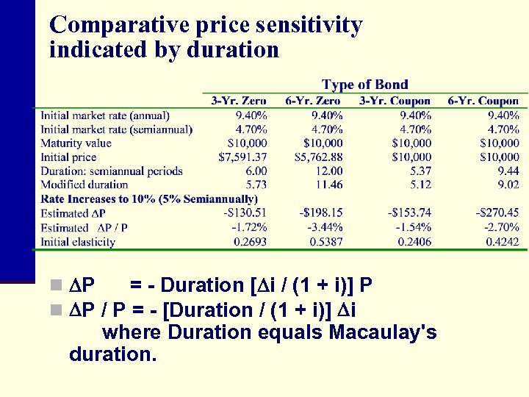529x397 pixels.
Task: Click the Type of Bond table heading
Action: coord(364,85)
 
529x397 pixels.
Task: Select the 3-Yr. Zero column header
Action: coord(239,101)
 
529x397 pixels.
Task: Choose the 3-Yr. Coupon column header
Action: coord(396,101)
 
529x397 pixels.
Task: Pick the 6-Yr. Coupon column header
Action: coord(483,101)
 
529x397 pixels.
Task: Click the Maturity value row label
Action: coord(76,143)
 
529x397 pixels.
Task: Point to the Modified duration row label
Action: coord(84,185)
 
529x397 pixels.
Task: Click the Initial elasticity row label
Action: coord(78,242)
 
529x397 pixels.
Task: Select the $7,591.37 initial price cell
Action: coord(243,157)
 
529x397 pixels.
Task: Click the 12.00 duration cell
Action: coord(328,171)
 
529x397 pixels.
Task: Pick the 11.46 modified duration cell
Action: coord(328,185)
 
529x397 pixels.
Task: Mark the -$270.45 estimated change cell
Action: coord(497,212)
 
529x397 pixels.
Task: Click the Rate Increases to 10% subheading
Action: coord(149,198)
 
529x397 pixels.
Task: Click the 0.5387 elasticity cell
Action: coord(326,242)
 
